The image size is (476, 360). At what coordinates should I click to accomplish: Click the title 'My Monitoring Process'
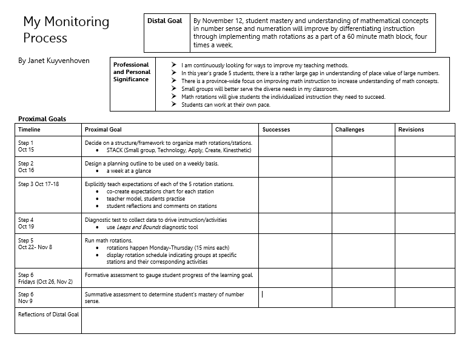click(x=66, y=30)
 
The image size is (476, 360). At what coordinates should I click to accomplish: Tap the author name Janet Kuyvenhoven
click(x=54, y=61)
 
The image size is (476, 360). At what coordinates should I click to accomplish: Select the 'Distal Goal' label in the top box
click(x=164, y=21)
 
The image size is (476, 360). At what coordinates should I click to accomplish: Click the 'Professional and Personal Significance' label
click(x=131, y=72)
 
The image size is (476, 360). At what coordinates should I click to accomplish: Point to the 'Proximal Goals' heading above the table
click(x=42, y=119)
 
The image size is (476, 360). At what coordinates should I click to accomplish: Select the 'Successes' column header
click(x=276, y=130)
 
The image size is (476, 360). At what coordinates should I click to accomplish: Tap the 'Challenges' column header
click(x=350, y=130)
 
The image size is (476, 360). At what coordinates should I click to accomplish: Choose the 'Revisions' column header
click(x=411, y=130)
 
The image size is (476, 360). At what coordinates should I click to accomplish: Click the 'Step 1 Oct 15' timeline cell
click(x=26, y=146)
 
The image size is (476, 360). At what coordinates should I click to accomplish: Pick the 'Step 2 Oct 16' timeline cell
click(x=26, y=167)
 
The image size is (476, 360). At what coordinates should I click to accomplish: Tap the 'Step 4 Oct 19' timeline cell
click(x=26, y=223)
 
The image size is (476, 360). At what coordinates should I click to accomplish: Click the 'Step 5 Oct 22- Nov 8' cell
click(x=35, y=244)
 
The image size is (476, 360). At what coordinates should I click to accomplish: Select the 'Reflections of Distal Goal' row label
click(x=49, y=315)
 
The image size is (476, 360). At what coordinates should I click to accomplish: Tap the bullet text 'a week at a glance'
click(x=129, y=171)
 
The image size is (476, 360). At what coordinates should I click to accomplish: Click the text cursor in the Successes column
click(x=262, y=295)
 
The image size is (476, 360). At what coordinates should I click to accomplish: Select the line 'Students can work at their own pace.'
click(x=226, y=105)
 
